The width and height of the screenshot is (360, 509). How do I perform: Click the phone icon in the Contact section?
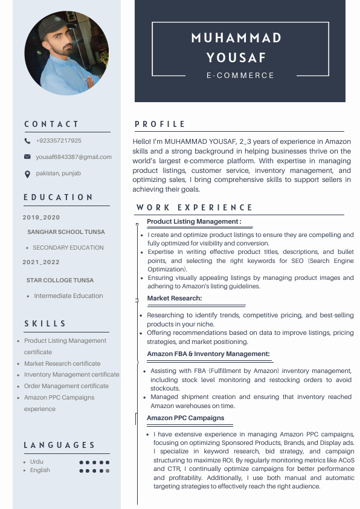(x=27, y=141)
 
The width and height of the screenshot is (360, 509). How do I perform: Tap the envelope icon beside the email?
(x=27, y=157)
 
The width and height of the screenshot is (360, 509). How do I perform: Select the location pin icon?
(x=27, y=174)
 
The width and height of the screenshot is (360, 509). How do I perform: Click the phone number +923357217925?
(x=59, y=141)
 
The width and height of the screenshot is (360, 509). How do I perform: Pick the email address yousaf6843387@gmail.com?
(x=74, y=157)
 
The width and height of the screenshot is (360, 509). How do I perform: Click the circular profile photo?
(x=66, y=53)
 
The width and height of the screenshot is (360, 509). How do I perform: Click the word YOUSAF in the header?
(x=236, y=58)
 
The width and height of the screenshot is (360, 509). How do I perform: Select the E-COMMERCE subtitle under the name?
(x=240, y=76)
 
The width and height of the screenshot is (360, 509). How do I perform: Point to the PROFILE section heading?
(x=160, y=124)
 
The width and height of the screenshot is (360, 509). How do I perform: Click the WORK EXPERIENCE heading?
(x=194, y=207)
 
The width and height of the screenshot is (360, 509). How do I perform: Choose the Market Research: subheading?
(x=175, y=298)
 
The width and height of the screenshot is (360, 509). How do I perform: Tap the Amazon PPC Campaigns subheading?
(x=185, y=418)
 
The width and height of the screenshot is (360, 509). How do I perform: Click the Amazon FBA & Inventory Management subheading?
(x=208, y=354)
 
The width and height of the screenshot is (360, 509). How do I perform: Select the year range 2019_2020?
(x=42, y=218)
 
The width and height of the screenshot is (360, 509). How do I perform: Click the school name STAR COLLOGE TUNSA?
(x=60, y=280)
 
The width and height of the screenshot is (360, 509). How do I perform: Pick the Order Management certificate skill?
(x=66, y=386)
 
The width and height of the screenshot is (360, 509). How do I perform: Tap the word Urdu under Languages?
(x=37, y=462)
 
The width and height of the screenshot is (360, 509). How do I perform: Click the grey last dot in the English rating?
(x=108, y=470)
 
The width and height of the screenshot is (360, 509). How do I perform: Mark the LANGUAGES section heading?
(x=60, y=446)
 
